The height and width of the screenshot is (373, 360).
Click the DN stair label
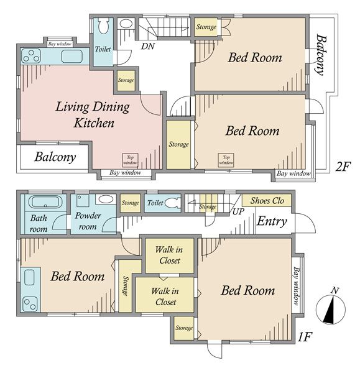148,46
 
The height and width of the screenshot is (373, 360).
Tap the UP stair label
238,211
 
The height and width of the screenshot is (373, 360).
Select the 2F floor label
343,166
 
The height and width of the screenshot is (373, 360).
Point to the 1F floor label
305,336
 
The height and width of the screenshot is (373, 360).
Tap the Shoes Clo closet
267,201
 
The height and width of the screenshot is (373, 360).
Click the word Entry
272,221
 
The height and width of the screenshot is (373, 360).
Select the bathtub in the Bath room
44,202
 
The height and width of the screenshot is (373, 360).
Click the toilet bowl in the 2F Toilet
103,26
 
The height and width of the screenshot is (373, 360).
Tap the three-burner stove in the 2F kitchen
31,56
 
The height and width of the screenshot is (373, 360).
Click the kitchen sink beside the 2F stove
72,57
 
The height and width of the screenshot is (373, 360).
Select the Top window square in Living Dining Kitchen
130,160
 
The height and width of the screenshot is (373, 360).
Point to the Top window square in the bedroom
226,160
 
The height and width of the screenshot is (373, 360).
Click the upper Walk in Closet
169,256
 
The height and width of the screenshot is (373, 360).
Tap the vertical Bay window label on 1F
296,285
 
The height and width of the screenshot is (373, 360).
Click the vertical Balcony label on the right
320,55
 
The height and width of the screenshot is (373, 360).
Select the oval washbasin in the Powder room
106,199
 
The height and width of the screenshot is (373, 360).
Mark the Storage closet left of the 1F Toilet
130,203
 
